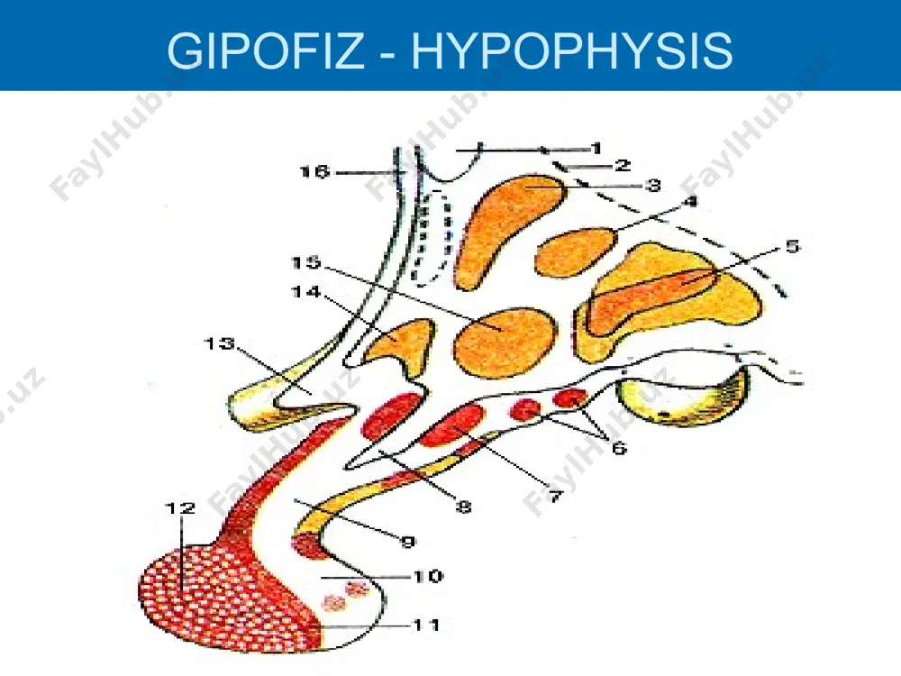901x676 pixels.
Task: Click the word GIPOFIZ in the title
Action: [x=265, y=50]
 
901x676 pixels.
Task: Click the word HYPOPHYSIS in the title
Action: [x=572, y=50]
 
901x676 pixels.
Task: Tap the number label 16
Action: [x=314, y=172]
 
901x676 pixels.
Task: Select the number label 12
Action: [x=180, y=508]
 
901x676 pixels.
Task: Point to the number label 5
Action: [x=792, y=247]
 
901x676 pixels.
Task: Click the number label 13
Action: [x=220, y=343]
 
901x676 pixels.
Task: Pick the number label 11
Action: [x=426, y=625]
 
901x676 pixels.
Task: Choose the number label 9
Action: [x=407, y=542]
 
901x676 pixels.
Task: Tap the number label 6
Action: [x=618, y=447]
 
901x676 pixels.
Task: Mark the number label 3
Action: [x=652, y=185]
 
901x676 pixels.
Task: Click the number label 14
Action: [x=306, y=292]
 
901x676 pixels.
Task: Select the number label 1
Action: [x=596, y=149]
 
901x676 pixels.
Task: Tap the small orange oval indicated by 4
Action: [x=575, y=251]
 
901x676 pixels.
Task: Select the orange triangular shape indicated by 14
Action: [x=403, y=345]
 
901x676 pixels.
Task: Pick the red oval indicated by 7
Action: [x=453, y=425]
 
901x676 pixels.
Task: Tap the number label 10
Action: [x=427, y=576]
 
